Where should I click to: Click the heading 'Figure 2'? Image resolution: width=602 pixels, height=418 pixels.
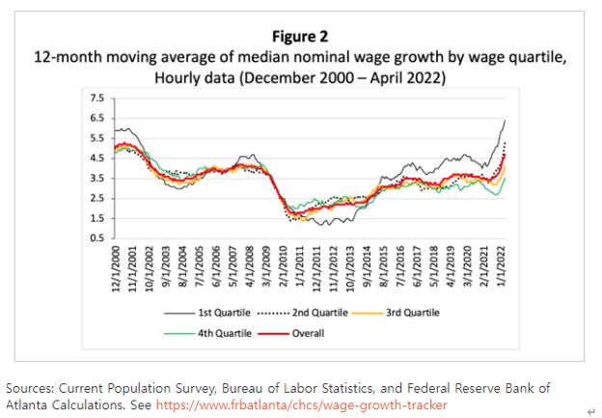point(301,37)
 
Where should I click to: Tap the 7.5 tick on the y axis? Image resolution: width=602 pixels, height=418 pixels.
point(96,98)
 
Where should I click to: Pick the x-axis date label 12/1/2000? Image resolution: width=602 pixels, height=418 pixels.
point(117,274)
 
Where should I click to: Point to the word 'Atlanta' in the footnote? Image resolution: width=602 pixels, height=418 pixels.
point(28,404)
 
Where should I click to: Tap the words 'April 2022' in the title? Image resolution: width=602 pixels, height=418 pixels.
point(408,76)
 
